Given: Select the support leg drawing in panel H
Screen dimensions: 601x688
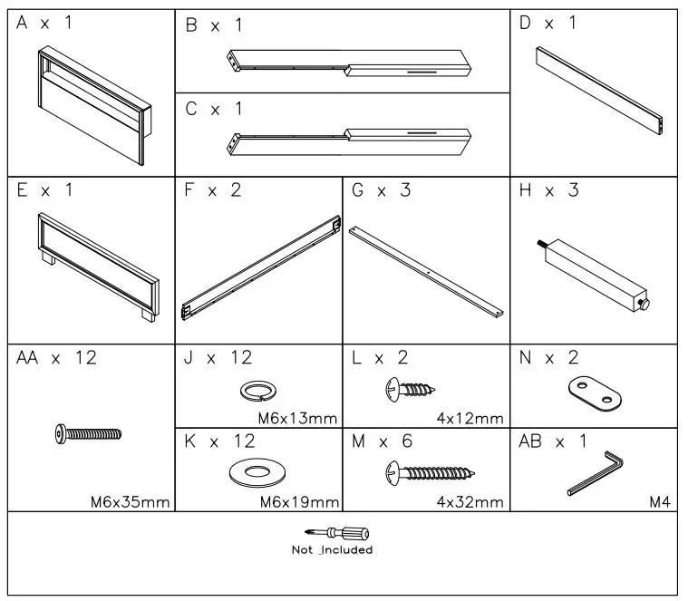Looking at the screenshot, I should coord(594,271).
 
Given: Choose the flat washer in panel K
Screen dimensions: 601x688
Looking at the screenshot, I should coord(257,472).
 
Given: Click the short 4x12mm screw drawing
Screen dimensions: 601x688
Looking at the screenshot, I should coord(412,391).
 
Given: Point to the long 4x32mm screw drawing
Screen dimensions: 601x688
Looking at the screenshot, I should coord(431,471).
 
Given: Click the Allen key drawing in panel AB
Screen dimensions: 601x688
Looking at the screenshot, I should coord(598,472).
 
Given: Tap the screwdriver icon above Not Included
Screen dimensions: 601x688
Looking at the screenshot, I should coord(332,534).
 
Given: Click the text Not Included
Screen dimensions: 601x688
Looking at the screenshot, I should coord(332,550).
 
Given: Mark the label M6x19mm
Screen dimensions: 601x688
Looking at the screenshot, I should coord(299,502).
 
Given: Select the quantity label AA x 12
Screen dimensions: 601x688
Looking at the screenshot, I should coord(56,358).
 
